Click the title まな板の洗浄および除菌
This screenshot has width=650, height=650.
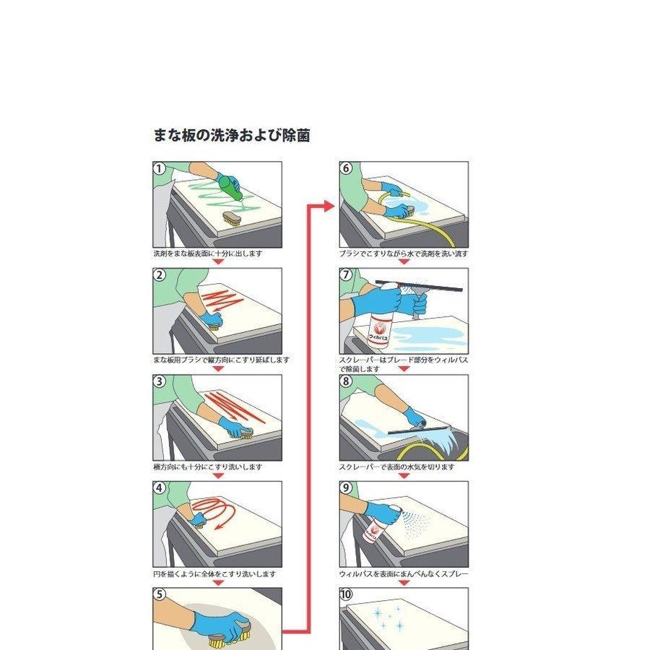(x=232, y=135)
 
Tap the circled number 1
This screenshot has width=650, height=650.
(x=160, y=168)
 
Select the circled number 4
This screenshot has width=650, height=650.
(x=160, y=488)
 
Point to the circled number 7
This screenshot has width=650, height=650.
(x=346, y=274)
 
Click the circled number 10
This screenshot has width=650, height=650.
(x=346, y=594)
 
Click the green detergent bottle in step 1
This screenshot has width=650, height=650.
(x=230, y=187)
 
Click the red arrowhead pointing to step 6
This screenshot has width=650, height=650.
(x=329, y=206)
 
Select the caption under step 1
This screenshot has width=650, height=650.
(x=208, y=253)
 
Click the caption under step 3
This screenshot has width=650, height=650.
(x=208, y=467)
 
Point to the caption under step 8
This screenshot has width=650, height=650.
(x=397, y=467)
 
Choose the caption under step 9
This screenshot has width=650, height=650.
(x=404, y=573)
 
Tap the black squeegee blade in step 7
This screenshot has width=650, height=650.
(x=419, y=285)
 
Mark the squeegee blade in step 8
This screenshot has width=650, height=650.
(x=419, y=430)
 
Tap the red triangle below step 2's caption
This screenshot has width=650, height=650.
(x=218, y=368)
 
